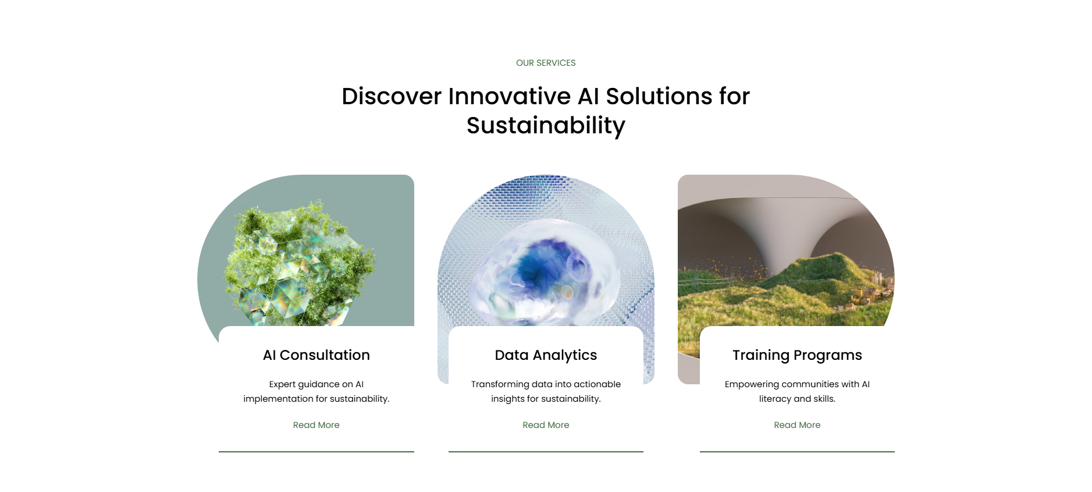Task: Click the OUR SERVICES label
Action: pyautogui.click(x=546, y=63)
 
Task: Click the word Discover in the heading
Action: pyautogui.click(x=392, y=96)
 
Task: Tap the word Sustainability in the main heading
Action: pyautogui.click(x=546, y=125)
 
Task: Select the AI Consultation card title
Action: pyautogui.click(x=316, y=355)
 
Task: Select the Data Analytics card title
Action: pyautogui.click(x=546, y=355)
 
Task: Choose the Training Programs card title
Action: pyautogui.click(x=797, y=355)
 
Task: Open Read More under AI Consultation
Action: pyautogui.click(x=316, y=425)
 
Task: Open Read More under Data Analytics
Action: pyautogui.click(x=546, y=425)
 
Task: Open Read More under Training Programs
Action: pyautogui.click(x=797, y=425)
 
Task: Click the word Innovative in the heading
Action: pyautogui.click(x=509, y=96)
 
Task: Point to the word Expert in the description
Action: pyautogui.click(x=282, y=384)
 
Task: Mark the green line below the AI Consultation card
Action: pyautogui.click(x=316, y=451)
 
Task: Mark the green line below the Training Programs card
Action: pyautogui.click(x=797, y=451)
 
